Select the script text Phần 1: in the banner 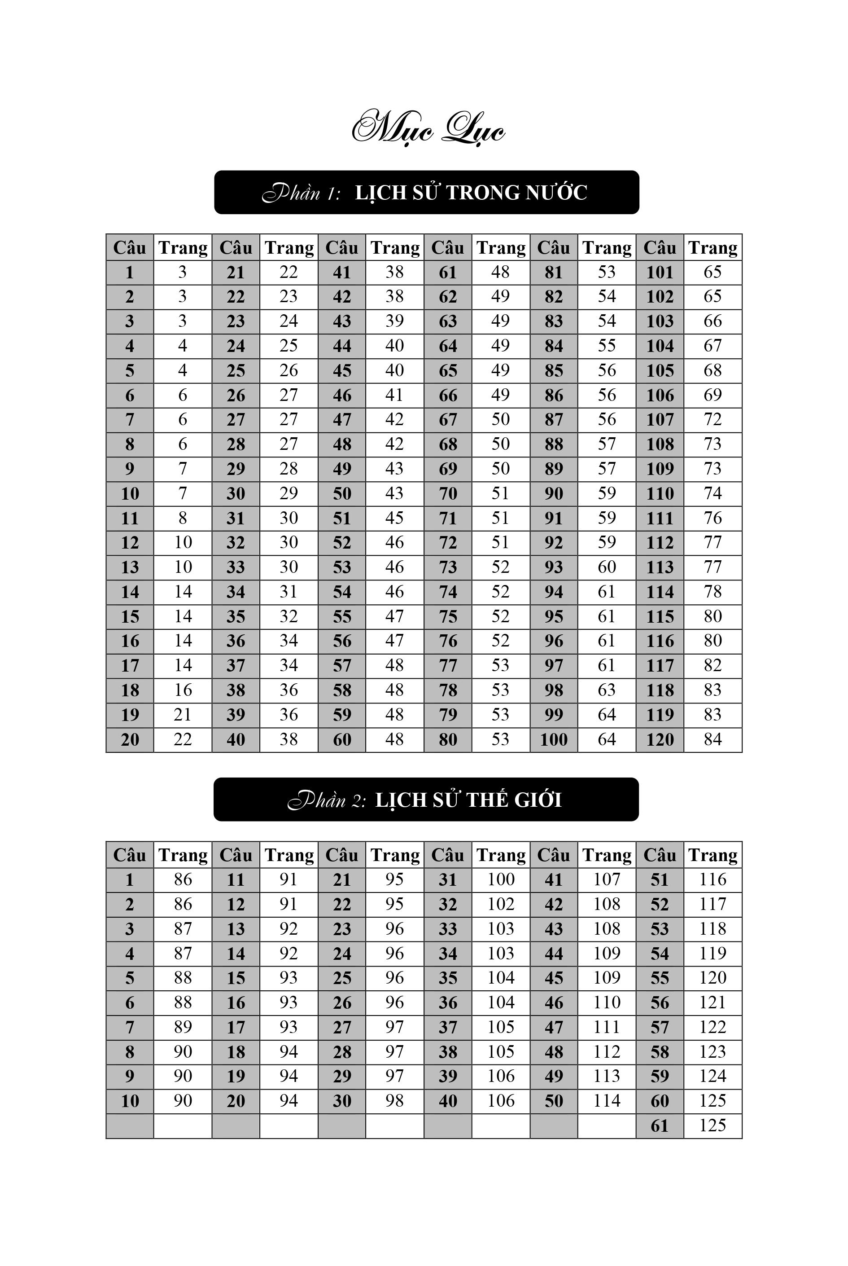(301, 193)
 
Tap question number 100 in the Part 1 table (554, 739)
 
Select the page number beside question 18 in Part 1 (183, 690)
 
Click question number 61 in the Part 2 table (660, 1126)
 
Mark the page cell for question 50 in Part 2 (606, 1101)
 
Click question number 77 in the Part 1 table (448, 665)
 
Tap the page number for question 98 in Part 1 (606, 690)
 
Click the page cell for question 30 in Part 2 (394, 1101)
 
